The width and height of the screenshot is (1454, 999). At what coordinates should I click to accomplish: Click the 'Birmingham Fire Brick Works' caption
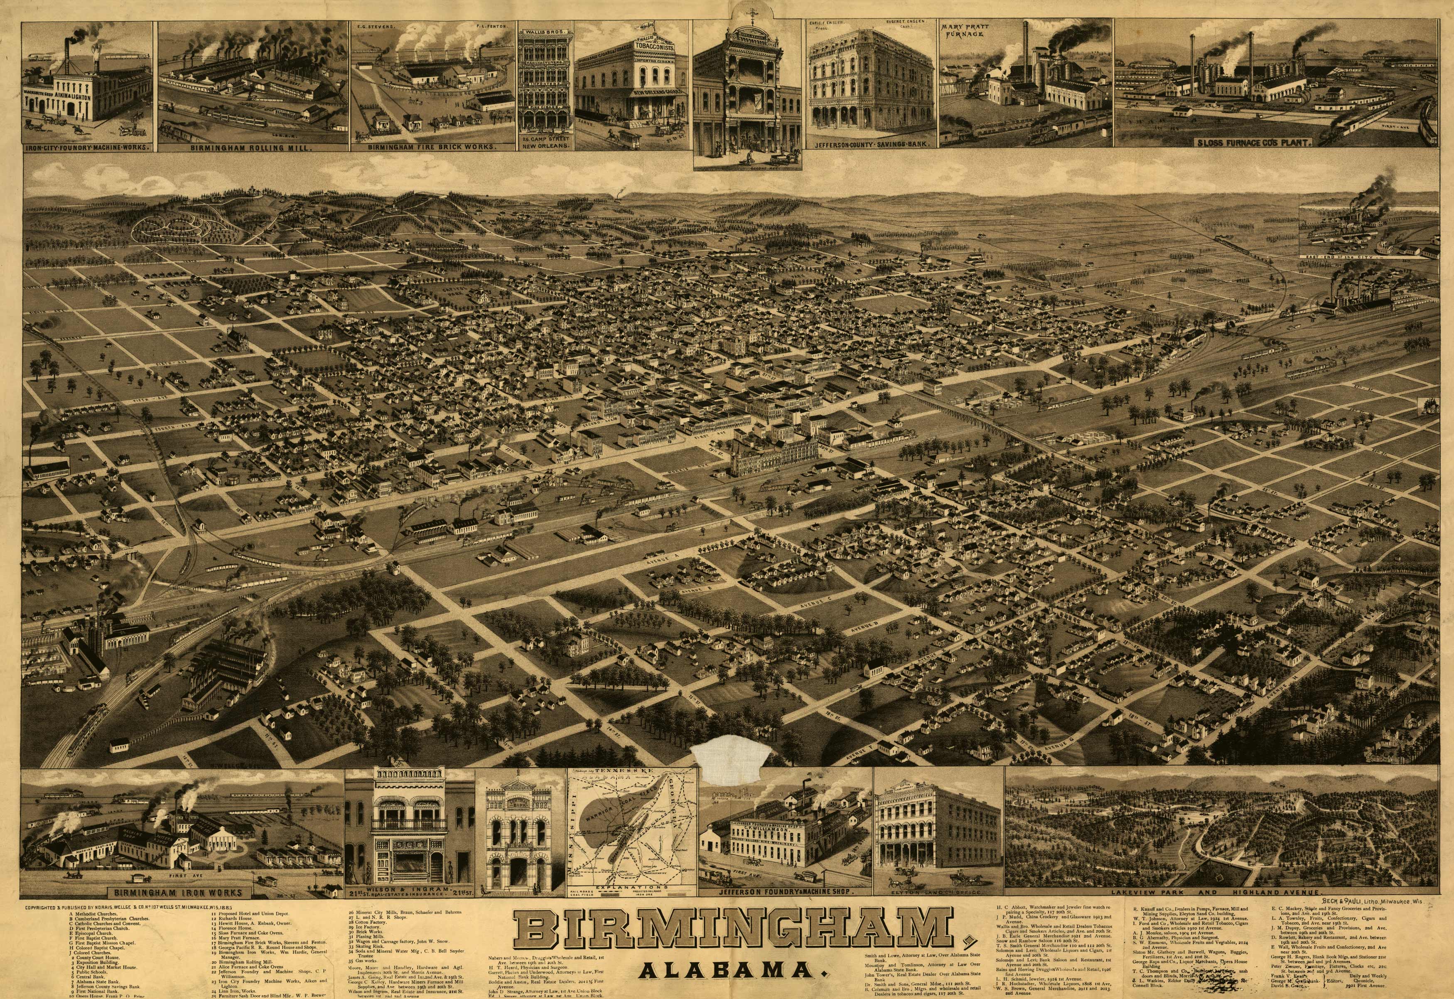(x=431, y=146)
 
